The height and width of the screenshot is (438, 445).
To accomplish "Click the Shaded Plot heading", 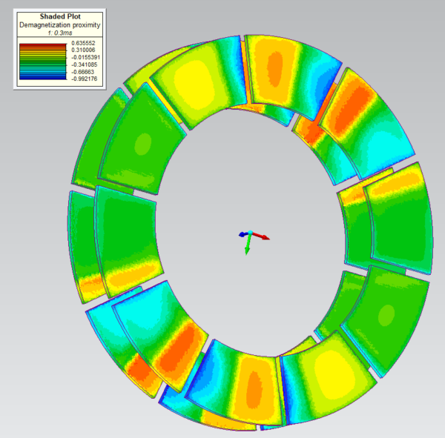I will click(59, 16).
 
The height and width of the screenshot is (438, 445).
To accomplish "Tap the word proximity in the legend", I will click(84, 25).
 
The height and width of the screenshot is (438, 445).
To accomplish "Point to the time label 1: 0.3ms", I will click(59, 33).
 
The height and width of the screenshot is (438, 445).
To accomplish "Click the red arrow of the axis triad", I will click(263, 238).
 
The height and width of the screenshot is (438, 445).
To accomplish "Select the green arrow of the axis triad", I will click(248, 248).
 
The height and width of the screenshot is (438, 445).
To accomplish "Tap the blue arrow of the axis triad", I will click(242, 234).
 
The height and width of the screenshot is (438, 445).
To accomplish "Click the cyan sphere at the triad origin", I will click(250, 234).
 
